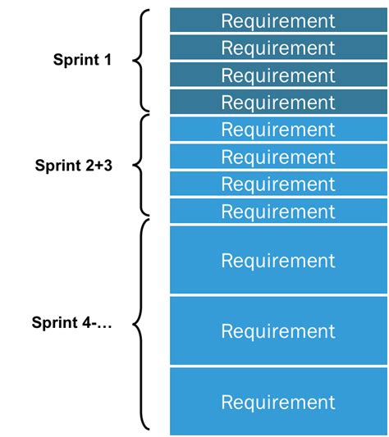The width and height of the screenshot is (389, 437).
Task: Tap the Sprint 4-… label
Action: tap(72, 322)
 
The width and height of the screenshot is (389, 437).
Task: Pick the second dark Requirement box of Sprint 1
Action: tap(278, 48)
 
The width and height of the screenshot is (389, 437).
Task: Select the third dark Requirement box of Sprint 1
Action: tap(278, 75)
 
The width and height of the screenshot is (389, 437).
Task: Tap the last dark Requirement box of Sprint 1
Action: tap(278, 102)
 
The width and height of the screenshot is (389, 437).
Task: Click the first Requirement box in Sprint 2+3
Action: tap(278, 130)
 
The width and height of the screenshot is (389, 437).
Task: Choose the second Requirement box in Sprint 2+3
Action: tap(278, 157)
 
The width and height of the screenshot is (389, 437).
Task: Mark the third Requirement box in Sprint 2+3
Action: tap(278, 184)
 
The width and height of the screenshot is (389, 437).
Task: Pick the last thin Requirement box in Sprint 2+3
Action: tap(278, 212)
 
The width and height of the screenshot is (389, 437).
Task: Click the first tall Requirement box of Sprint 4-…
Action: tap(278, 261)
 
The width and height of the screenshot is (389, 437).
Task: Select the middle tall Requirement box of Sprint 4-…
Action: tap(278, 331)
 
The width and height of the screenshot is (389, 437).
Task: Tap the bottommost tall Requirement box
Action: tap(278, 402)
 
